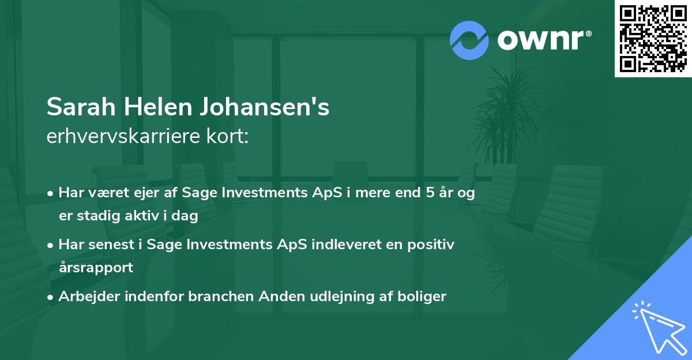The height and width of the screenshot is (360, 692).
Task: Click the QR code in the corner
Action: click(653, 39)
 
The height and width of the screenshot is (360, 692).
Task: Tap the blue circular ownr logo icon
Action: click(469, 40)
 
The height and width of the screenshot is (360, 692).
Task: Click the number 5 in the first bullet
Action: click(429, 193)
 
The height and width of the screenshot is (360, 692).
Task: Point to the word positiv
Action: click(432, 245)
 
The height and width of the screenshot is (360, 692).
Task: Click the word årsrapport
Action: click(96, 267)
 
